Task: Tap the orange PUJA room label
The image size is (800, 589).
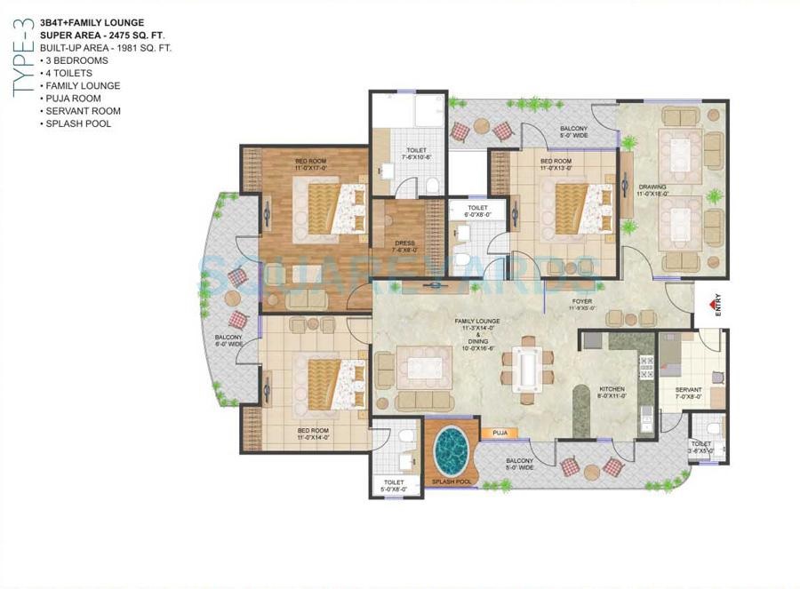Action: pos(500,434)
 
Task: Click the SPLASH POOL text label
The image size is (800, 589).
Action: pos(451,482)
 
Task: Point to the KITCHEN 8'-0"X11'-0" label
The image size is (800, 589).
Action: pos(612,394)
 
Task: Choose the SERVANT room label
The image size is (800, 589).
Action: pos(688,394)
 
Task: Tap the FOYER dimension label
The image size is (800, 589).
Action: pos(583,305)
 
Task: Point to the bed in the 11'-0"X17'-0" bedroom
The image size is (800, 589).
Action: pos(330,207)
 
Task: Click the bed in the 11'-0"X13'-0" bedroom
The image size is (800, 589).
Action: pos(577,206)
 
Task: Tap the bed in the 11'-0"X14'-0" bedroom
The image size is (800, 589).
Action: pos(330,382)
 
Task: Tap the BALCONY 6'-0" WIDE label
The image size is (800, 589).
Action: pos(229,340)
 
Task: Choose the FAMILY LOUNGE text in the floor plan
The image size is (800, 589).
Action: pos(476,321)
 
